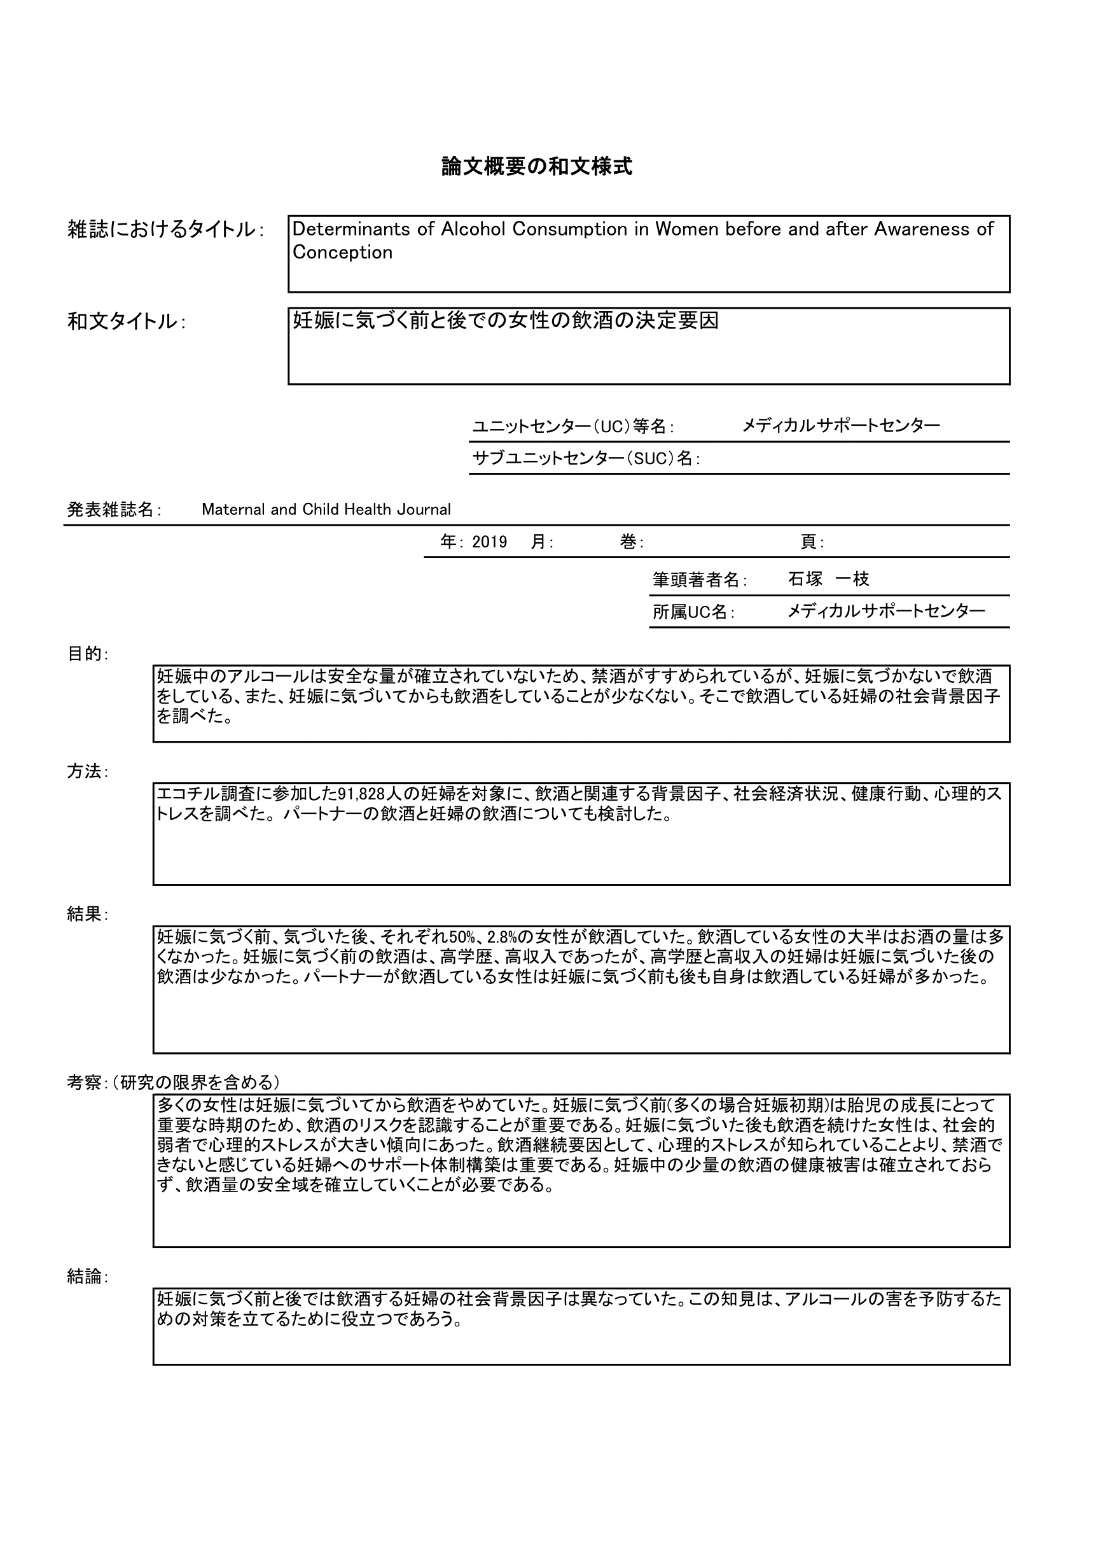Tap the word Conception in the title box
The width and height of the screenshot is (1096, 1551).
342,253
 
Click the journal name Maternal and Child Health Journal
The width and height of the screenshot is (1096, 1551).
326,509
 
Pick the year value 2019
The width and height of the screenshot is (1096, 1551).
490,542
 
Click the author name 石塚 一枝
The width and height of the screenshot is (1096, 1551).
828,579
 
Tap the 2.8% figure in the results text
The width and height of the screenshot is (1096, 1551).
501,937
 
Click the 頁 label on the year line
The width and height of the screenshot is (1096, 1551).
808,542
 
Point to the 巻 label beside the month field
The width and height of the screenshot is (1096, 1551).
628,542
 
